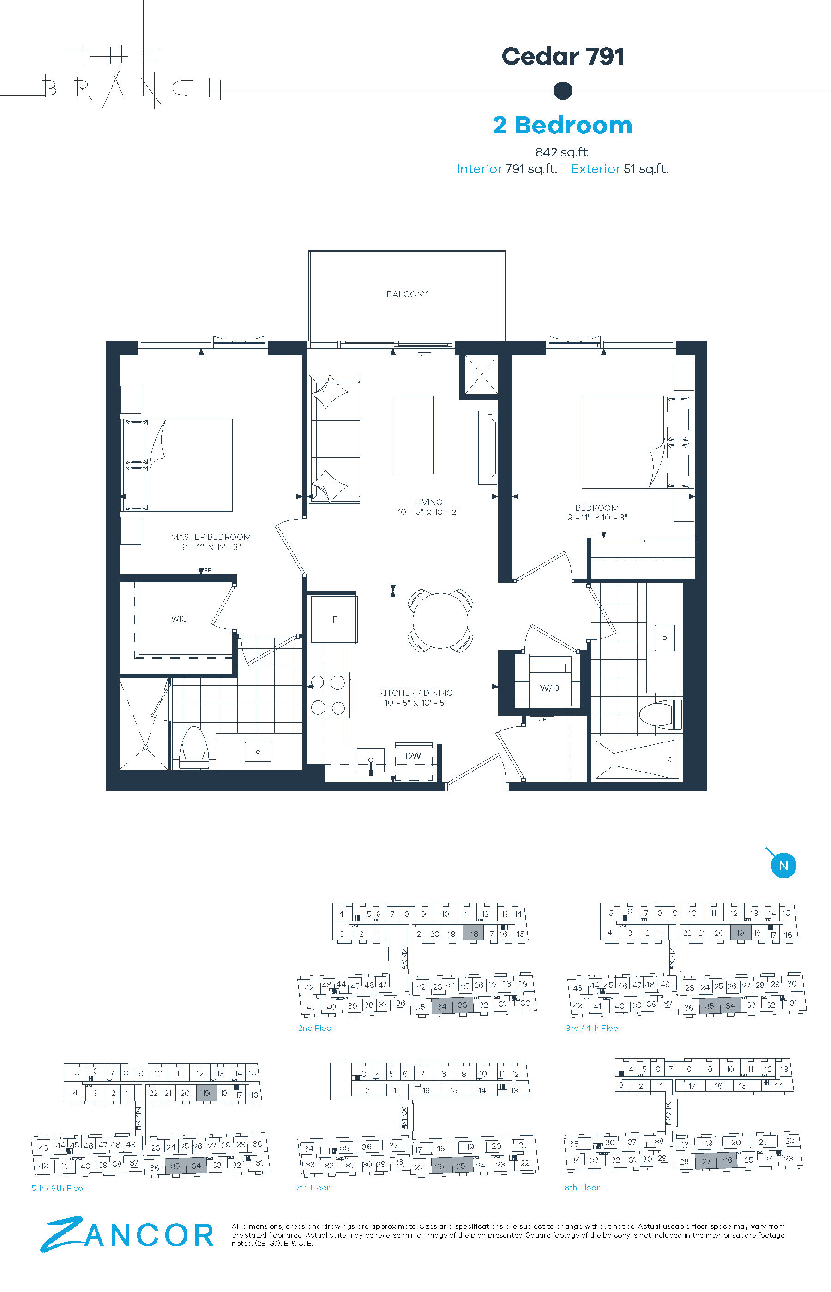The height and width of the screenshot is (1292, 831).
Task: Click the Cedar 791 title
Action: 563,56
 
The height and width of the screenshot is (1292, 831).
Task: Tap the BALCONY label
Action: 407,294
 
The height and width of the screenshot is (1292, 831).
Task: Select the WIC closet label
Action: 179,618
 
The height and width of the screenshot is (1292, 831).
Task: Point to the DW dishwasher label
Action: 413,755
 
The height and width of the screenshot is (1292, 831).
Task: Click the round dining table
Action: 440,620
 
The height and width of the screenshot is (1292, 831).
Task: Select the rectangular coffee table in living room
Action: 413,435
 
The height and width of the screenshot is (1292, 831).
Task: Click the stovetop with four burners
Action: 328,694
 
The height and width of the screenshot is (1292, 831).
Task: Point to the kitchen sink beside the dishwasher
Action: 371,760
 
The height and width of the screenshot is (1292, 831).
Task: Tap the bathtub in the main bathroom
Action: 636,759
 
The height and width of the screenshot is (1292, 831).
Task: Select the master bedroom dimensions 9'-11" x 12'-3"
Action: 211,547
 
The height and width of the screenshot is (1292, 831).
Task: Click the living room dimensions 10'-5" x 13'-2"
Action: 428,512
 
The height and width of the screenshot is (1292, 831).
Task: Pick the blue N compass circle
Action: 783,866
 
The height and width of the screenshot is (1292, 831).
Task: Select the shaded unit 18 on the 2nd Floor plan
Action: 474,933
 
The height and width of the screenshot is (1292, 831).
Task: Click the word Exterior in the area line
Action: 595,169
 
